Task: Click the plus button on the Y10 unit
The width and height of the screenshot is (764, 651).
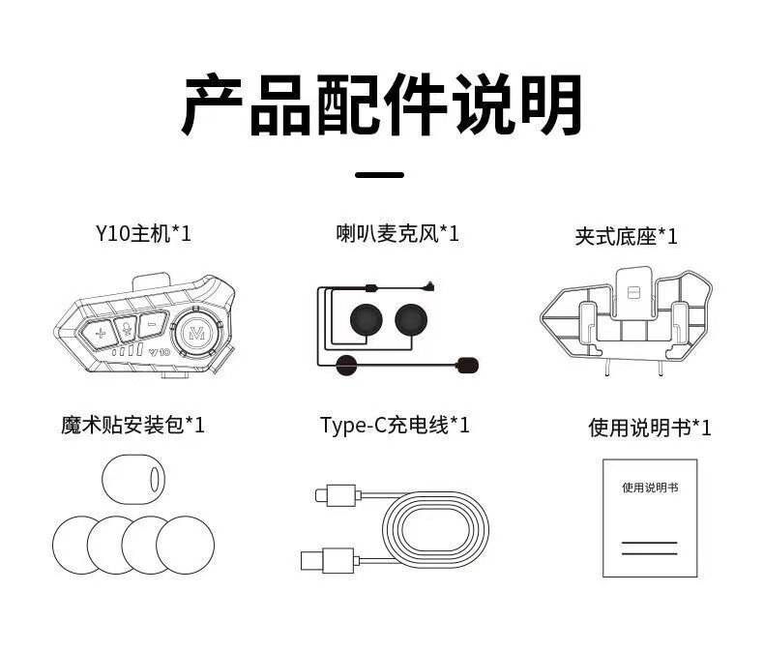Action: tap(101, 332)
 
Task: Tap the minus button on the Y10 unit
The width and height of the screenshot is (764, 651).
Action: tap(151, 325)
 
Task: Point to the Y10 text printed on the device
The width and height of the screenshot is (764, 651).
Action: tap(160, 353)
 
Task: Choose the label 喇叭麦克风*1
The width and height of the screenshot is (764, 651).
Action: tap(397, 233)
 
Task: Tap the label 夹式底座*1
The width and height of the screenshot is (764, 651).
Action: tap(626, 236)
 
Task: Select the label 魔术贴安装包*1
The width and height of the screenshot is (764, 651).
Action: tap(132, 425)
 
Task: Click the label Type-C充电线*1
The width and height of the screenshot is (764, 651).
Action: tap(395, 425)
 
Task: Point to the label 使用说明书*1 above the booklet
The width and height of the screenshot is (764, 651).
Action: tap(649, 428)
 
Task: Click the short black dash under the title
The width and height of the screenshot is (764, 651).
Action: tap(380, 175)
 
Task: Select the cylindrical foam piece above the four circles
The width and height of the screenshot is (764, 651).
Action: tap(131, 480)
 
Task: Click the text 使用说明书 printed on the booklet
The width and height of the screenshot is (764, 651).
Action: tap(649, 488)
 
